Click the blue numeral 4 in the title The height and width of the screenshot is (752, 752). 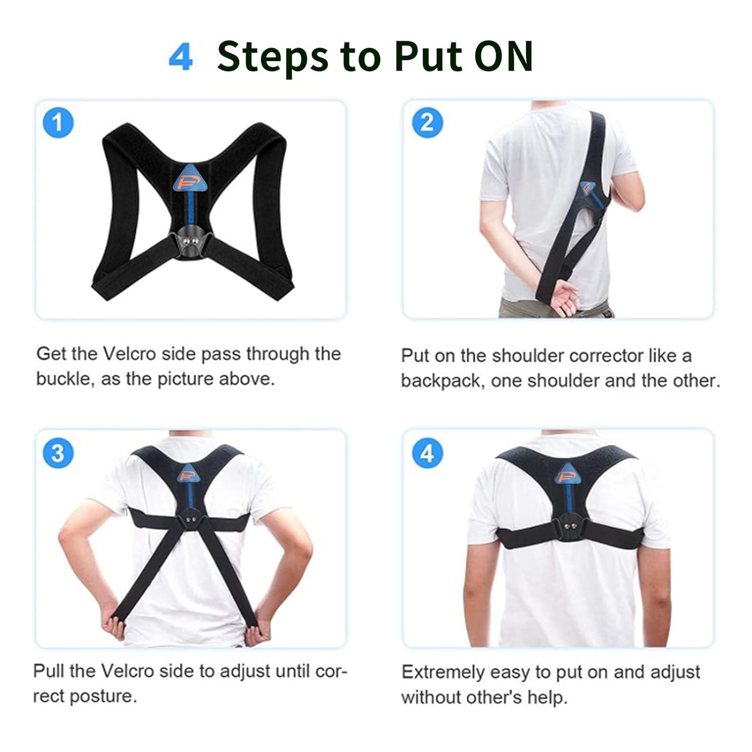pyautogui.click(x=180, y=58)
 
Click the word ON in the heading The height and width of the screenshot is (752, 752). pyautogui.click(x=503, y=56)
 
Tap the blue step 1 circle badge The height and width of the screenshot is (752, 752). pyautogui.click(x=58, y=122)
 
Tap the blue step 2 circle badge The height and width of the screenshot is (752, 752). pyautogui.click(x=427, y=122)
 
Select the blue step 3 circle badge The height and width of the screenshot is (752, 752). pyautogui.click(x=58, y=453)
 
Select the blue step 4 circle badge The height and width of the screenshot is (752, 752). pyautogui.click(x=427, y=453)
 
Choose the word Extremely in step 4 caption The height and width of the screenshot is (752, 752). pyautogui.click(x=442, y=672)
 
